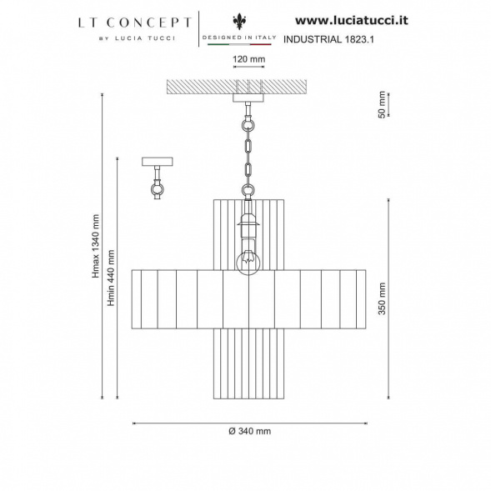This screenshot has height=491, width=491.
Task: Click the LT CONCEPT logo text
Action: (135, 23)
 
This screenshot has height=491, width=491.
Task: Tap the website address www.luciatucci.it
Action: (352, 20)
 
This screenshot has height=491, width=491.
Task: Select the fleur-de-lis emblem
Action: (239, 22)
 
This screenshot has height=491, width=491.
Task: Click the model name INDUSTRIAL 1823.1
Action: (328, 39)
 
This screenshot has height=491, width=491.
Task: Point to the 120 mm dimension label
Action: (248, 59)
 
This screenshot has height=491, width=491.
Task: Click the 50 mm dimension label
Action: (382, 104)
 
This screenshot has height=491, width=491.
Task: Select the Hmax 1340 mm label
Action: (96, 246)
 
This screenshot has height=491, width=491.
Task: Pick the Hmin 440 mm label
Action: (111, 278)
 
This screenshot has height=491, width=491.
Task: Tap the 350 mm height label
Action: (382, 298)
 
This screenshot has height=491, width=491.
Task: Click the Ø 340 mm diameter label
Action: (249, 431)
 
